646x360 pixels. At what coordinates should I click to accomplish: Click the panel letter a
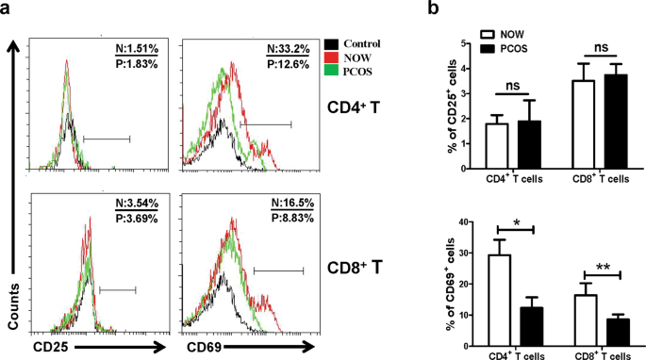pyautogui.click(x=8, y=9)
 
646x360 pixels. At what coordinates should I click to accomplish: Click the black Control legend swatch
pyautogui.click(x=330, y=43)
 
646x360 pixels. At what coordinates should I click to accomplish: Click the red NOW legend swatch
pyautogui.click(x=330, y=57)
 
